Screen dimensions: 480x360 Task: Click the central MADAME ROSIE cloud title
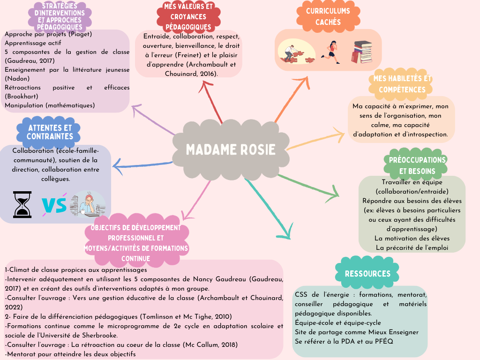[x=231, y=150]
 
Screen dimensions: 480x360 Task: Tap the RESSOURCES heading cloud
[x=367, y=273]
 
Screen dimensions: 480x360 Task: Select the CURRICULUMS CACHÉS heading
[x=328, y=16]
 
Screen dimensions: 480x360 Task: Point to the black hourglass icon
[x=22, y=204]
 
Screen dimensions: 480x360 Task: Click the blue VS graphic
[x=54, y=204]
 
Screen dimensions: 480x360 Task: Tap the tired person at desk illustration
[x=88, y=203]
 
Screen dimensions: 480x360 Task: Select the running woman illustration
[x=330, y=52]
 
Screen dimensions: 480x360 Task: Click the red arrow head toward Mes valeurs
[x=206, y=86]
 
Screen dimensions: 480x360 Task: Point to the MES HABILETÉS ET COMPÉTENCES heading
[x=402, y=84]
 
